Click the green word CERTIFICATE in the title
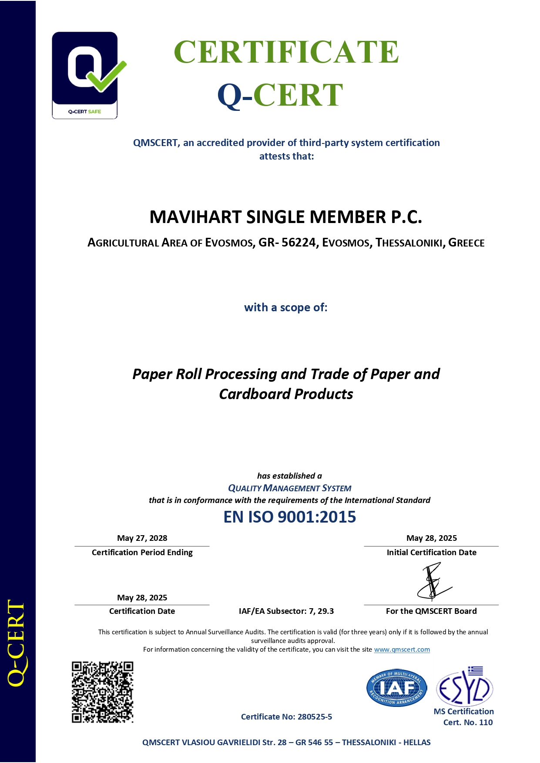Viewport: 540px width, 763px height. pos(286,52)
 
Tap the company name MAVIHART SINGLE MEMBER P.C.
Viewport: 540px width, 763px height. pos(285,217)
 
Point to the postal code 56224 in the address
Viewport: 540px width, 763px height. pos(299,243)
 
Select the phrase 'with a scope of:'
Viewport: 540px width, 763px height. pos(285,307)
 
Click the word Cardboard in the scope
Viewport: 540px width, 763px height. pos(255,394)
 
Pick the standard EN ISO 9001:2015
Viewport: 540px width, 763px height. pos(289,517)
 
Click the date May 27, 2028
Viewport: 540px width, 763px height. pos(142,538)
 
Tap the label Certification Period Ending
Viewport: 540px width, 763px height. pos(142,553)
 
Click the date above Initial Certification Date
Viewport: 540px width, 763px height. pos(431,538)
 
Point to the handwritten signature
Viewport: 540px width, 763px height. pos(433,581)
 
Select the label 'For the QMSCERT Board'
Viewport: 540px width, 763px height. pos(431,611)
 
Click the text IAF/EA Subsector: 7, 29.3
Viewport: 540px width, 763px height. pos(286,611)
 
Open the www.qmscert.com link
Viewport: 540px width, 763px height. pos(402,650)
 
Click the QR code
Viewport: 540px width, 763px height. pos(102,692)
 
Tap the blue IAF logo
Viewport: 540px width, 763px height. pos(396,688)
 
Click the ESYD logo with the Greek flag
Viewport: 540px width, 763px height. pos(464,686)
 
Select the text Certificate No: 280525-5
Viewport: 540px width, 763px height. pos(286,717)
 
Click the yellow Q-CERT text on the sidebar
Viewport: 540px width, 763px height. pos(17,643)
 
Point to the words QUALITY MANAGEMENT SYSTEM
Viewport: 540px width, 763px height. pos(289,488)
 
